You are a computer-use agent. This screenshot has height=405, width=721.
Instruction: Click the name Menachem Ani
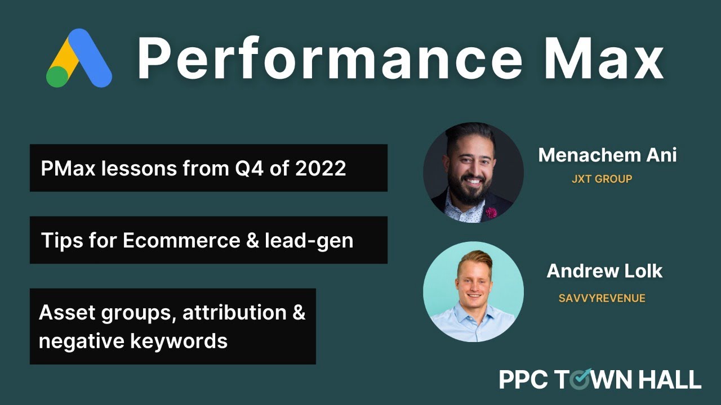(x=607, y=155)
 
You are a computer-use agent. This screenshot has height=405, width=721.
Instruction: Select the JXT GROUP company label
(x=602, y=179)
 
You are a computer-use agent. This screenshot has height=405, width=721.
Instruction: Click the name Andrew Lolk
(x=604, y=271)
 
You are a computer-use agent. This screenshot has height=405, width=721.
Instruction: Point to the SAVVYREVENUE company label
(x=602, y=298)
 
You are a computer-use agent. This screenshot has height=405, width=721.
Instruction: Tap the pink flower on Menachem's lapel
(x=491, y=213)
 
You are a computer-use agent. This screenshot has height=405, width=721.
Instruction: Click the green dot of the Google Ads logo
(x=57, y=76)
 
